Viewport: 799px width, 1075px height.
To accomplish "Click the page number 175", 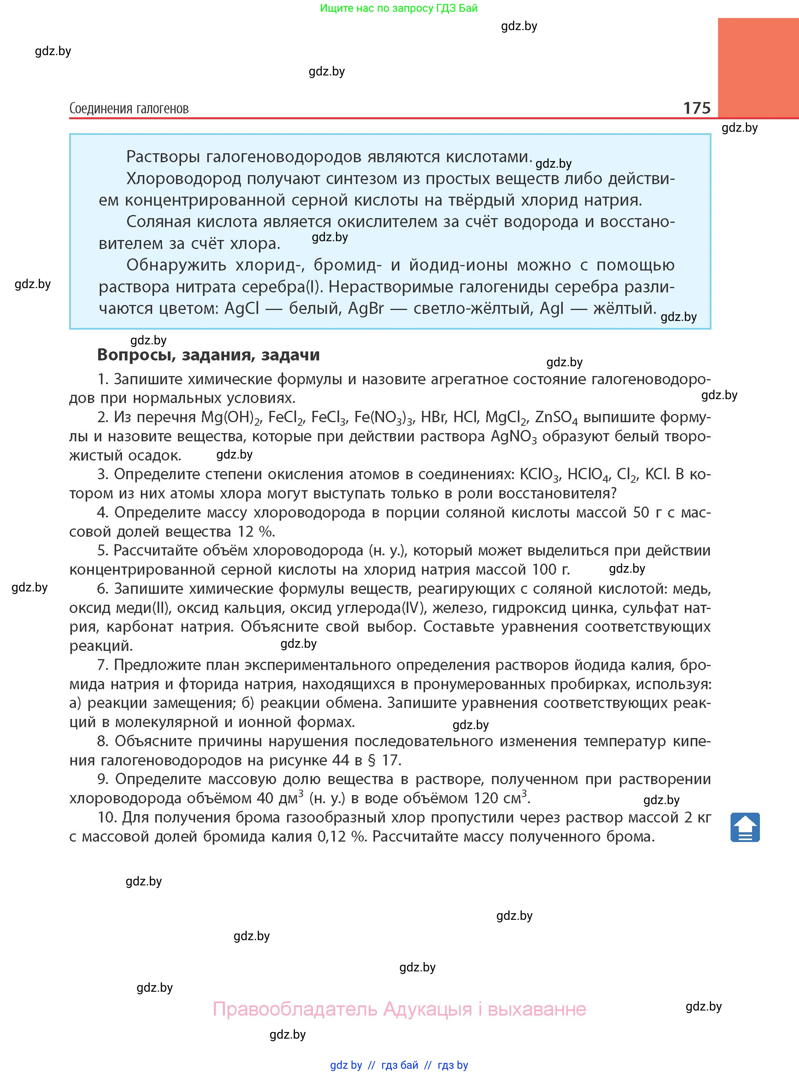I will click(x=697, y=108).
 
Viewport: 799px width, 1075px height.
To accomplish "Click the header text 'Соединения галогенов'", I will click(x=129, y=108).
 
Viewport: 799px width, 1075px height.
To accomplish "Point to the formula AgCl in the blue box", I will click(x=242, y=308).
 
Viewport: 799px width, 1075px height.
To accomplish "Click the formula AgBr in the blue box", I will click(x=366, y=308).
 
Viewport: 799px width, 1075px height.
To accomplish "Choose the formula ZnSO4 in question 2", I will click(x=556, y=417).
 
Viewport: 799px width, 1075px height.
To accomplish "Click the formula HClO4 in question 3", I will click(x=588, y=474).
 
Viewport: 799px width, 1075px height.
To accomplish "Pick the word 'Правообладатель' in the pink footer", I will click(x=295, y=1009).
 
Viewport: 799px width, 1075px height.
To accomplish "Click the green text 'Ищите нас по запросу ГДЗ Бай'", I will click(x=399, y=8).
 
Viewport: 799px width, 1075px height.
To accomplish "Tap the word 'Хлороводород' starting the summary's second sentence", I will click(x=184, y=179).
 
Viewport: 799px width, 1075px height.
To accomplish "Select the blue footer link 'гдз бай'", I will click(x=400, y=1065).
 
